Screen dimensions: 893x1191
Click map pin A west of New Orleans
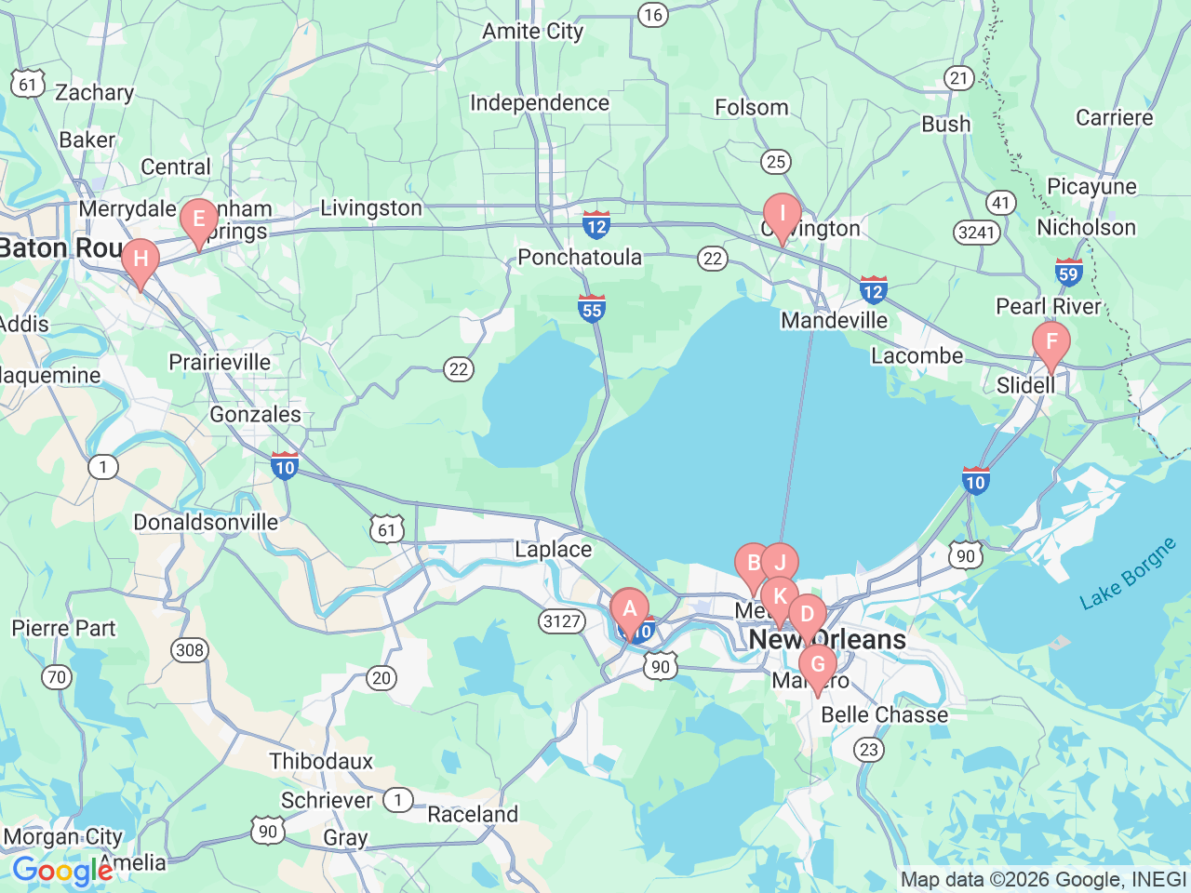630,611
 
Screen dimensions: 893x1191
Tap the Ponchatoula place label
579,258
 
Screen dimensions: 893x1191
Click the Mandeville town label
834,321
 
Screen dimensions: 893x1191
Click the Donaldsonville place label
206,523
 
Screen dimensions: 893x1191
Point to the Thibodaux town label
321,762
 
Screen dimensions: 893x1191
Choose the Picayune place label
1091,187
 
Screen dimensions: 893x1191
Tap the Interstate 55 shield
592,308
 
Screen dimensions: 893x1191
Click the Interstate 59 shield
1068,273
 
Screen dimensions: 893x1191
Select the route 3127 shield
562,621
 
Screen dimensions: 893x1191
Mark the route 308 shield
190,650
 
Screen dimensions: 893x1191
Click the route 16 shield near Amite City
653,15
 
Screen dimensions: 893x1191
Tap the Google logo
62,872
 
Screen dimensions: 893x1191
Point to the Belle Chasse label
884,715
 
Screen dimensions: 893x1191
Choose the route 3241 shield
977,232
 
